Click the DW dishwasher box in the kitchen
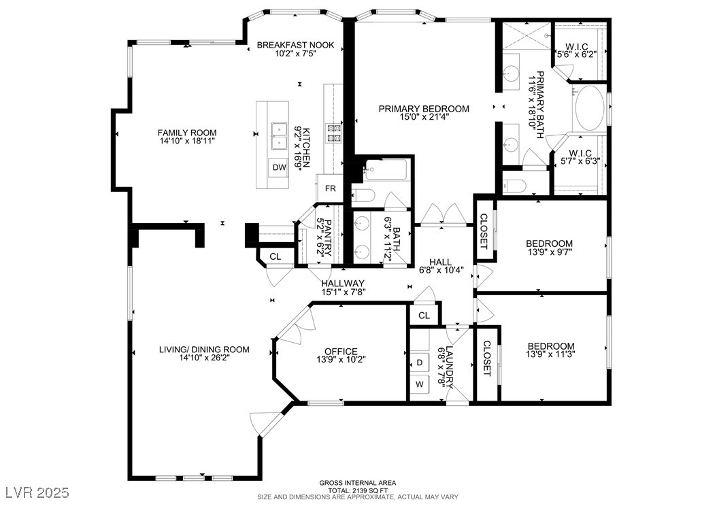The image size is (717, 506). (280, 167)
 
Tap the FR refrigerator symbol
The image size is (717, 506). (330, 188)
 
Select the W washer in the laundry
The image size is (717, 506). (419, 384)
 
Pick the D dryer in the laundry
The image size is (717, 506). (419, 362)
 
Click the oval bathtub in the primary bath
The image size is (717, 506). (589, 109)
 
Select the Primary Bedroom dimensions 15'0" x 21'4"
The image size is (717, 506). (423, 116)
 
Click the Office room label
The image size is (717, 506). (341, 351)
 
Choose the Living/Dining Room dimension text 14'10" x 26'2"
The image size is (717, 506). (204, 358)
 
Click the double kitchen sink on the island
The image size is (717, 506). (278, 136)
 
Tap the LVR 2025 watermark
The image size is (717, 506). (37, 492)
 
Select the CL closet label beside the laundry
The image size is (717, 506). (424, 316)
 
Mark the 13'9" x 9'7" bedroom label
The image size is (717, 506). (549, 251)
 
